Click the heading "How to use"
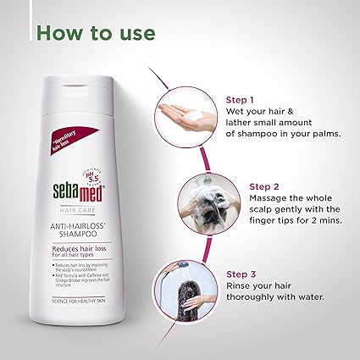point(95,33)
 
